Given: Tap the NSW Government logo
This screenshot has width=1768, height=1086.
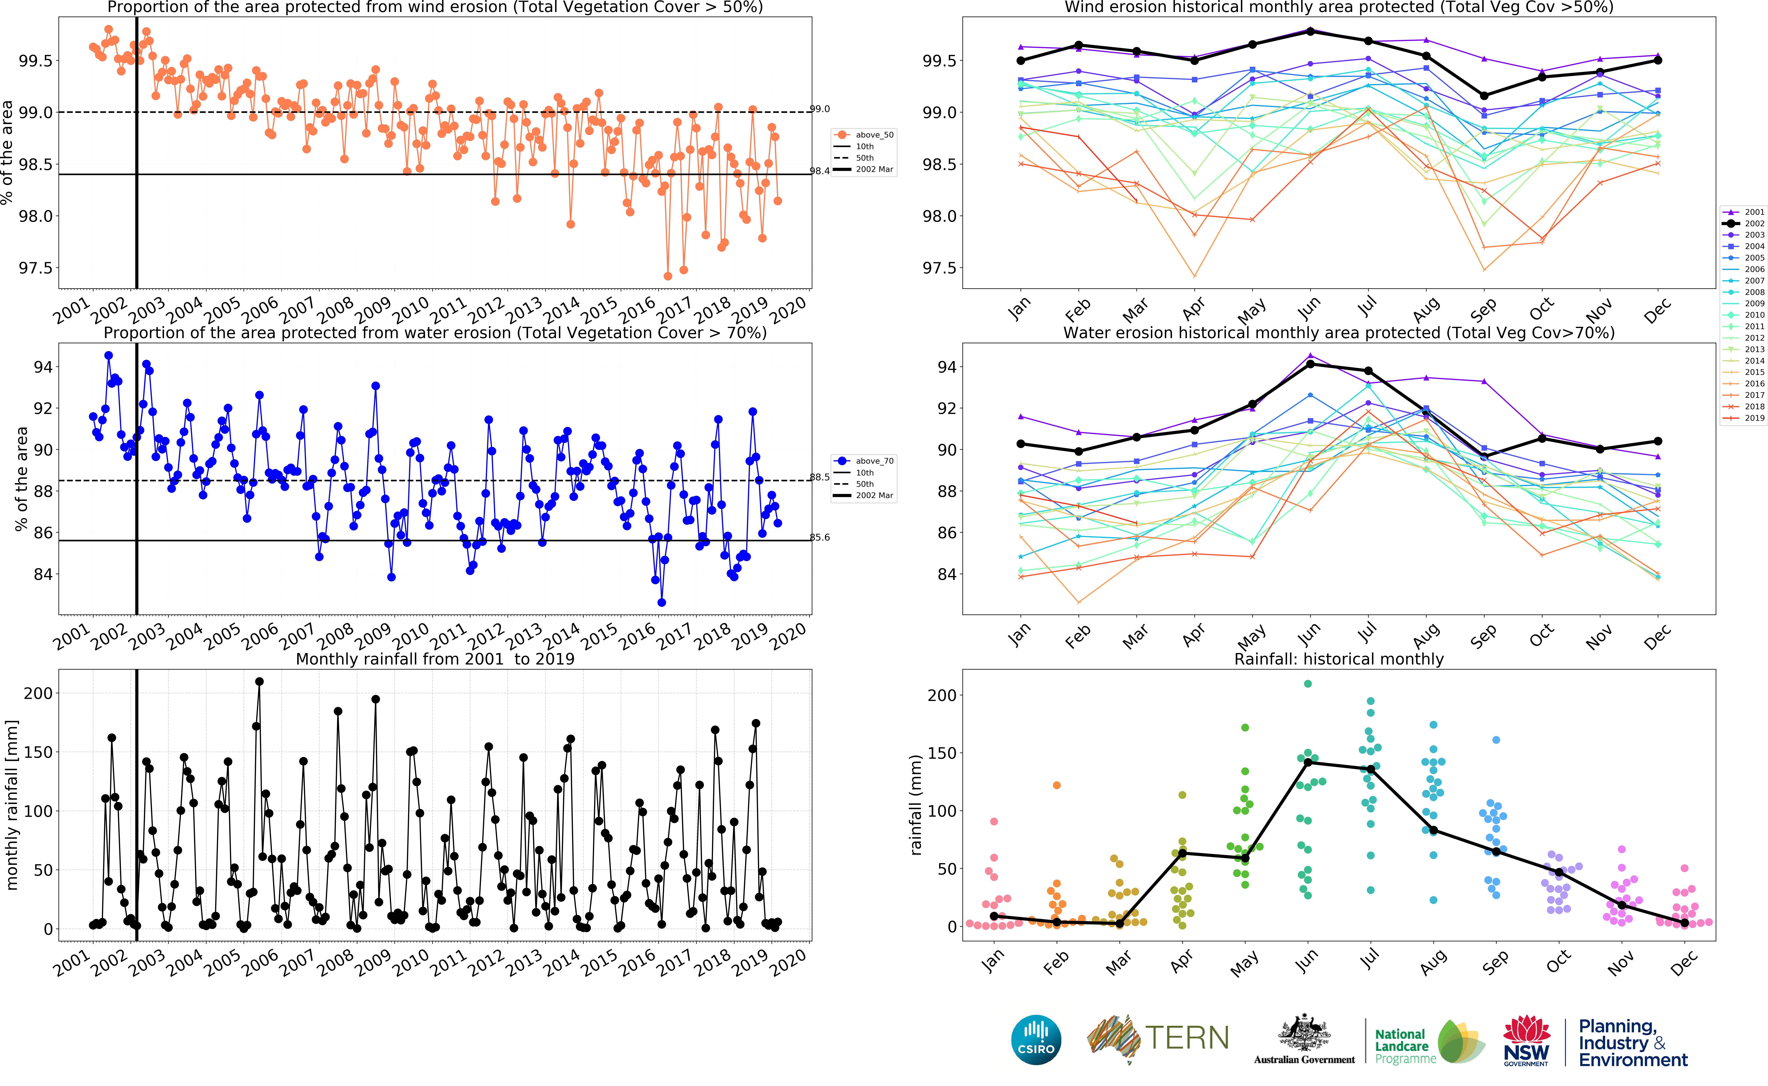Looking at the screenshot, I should [1527, 1040].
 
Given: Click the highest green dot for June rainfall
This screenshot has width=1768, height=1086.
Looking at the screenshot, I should [1308, 684].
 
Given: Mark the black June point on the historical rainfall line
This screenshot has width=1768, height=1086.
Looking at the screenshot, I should [1308, 762].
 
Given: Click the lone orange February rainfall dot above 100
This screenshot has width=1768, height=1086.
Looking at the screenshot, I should [1056, 785].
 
